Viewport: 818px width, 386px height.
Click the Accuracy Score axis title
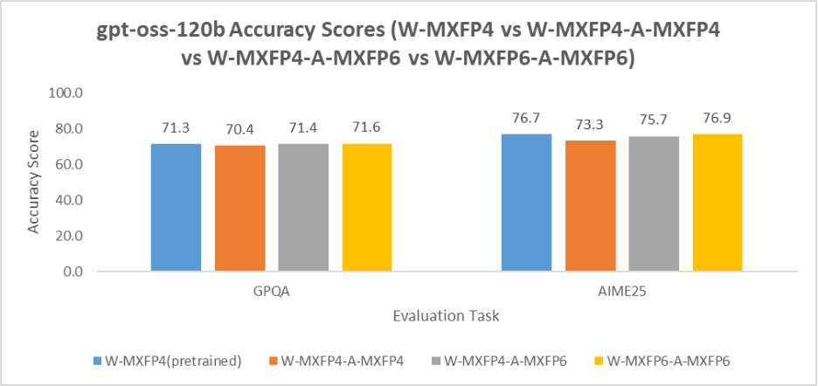point(35,182)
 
